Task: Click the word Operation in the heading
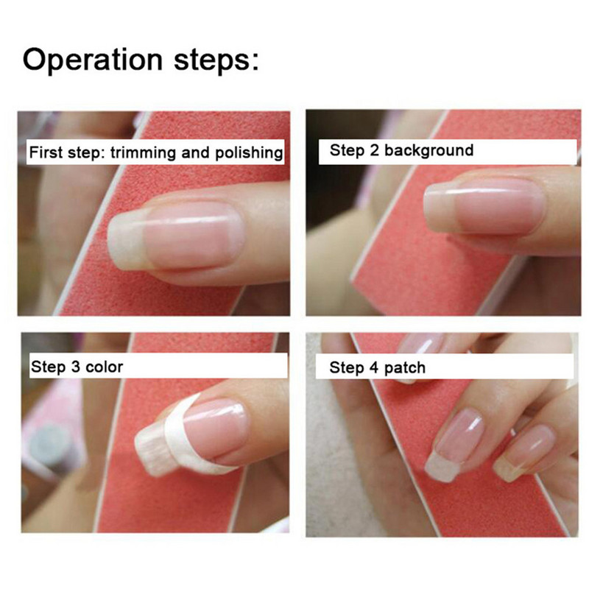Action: click(x=93, y=60)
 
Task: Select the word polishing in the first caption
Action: click(x=249, y=153)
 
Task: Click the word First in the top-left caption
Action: click(x=46, y=152)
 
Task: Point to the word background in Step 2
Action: click(x=429, y=150)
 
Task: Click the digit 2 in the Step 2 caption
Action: click(x=375, y=150)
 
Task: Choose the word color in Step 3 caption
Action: click(x=104, y=367)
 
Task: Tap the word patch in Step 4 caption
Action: click(x=405, y=368)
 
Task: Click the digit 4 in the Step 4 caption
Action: click(x=374, y=367)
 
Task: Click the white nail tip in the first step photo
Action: click(x=127, y=240)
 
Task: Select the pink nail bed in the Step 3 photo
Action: click(x=216, y=428)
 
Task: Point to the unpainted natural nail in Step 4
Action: click(x=524, y=453)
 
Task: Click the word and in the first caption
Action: click(x=196, y=152)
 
